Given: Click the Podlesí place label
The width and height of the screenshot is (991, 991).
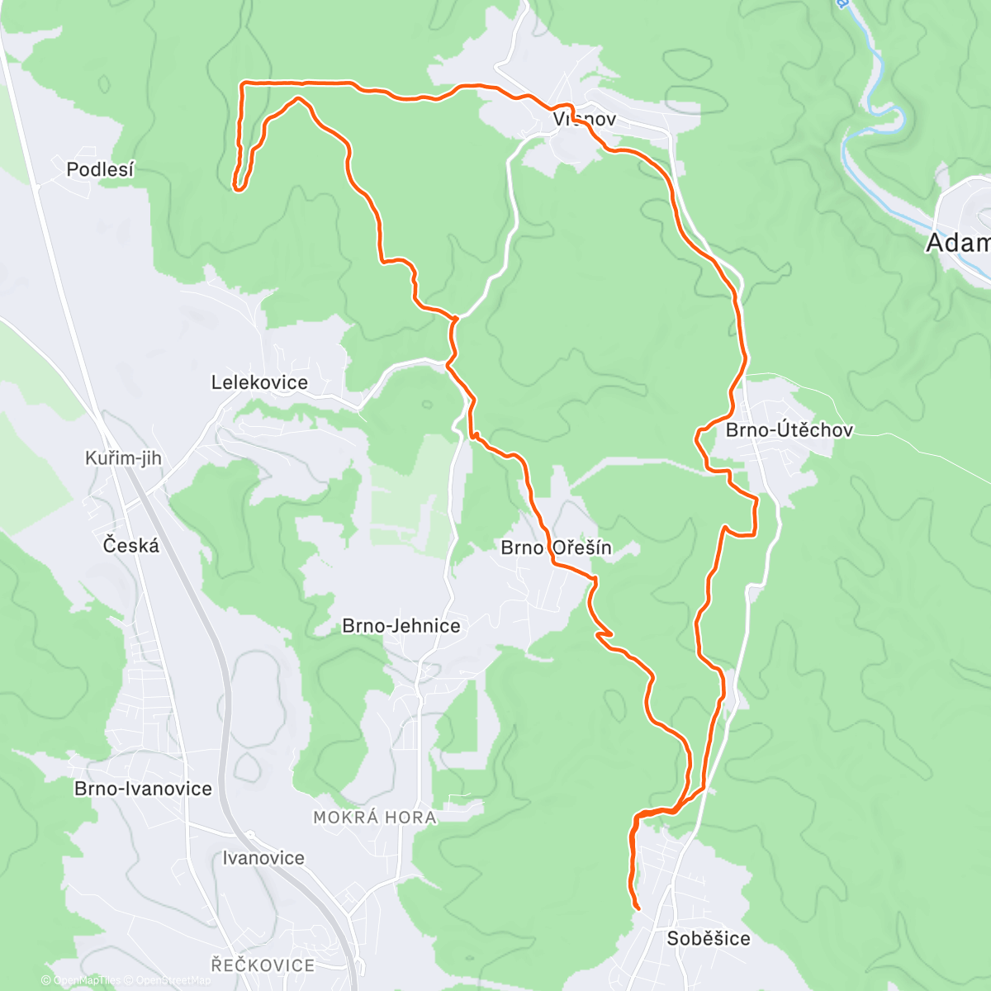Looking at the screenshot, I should click(x=100, y=169).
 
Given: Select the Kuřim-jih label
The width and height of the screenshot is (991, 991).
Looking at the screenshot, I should click(x=123, y=458).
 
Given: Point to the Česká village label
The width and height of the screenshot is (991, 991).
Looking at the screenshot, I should click(x=131, y=545).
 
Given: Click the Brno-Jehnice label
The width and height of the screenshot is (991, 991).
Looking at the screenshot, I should click(x=401, y=626).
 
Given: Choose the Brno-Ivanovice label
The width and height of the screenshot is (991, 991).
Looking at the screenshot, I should click(x=143, y=789).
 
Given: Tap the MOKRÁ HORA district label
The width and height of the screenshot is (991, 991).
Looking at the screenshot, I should click(x=375, y=818).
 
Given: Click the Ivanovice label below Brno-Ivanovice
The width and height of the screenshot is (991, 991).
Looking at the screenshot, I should click(x=263, y=858).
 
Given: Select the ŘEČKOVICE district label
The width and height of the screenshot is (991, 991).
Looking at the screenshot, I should click(x=263, y=965).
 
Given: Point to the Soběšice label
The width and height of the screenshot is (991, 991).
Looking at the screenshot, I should click(x=709, y=938).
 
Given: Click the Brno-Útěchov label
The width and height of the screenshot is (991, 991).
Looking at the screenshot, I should click(x=789, y=430).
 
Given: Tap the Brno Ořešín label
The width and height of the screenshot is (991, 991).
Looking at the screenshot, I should click(x=557, y=548).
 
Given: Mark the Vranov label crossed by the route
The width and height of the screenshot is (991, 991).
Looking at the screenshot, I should click(x=585, y=120).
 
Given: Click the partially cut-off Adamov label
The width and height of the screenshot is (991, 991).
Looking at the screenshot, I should click(x=958, y=243).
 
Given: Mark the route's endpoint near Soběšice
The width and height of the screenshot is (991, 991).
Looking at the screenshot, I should click(x=638, y=908).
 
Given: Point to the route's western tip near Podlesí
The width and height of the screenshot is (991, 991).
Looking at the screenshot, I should click(x=237, y=188).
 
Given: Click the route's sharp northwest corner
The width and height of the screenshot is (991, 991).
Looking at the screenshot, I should click(x=241, y=84).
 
